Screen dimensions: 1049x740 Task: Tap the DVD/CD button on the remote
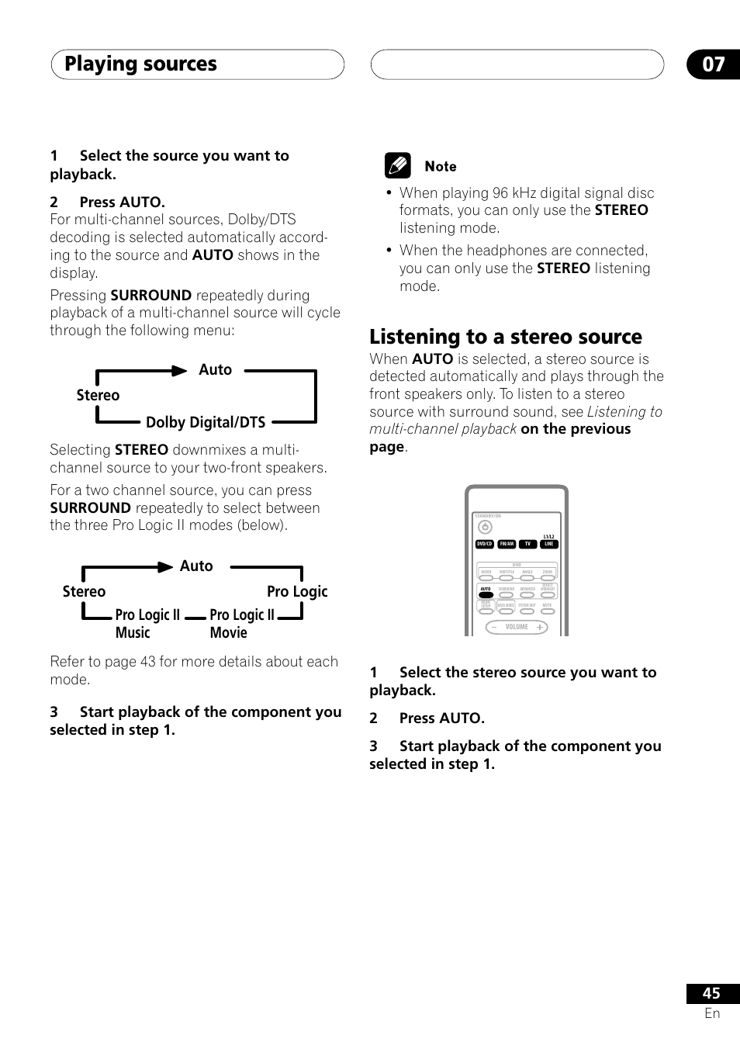coord(485,544)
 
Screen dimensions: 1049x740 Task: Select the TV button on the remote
coord(528,544)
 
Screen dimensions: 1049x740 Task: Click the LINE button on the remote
coord(548,544)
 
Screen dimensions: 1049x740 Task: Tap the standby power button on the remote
coord(486,528)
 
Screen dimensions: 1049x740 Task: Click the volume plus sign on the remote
coord(540,627)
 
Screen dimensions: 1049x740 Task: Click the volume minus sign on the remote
coord(494,627)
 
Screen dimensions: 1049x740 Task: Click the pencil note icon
coord(397,166)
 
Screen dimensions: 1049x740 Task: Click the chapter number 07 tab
coord(713,64)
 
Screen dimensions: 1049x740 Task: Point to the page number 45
coord(711,993)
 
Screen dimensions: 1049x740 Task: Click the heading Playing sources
coord(140,64)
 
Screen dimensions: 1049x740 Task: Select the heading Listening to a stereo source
coord(506,337)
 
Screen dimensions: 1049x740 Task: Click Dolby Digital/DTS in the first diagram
coord(206,422)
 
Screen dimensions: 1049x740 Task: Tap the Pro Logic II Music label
coord(147,623)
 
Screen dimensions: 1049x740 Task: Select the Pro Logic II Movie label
coord(242,623)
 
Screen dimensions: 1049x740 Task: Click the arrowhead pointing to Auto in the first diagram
coord(180,371)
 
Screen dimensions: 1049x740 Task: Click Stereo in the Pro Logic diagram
coord(84,591)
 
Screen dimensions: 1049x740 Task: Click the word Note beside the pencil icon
coord(441,166)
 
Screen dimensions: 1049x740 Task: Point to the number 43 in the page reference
coord(148,662)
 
